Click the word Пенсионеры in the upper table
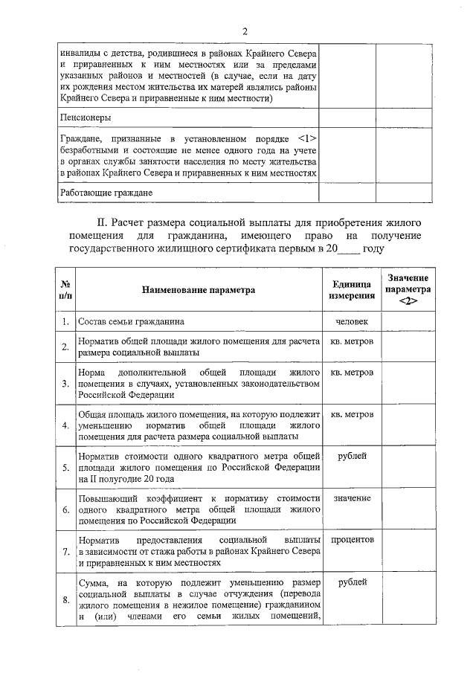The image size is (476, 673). coord(86,117)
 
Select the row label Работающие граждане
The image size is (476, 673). coord(106,193)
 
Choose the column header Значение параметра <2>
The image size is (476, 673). coord(408,289)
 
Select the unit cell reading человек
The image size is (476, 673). coord(351,321)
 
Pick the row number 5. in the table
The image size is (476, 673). coord(65,468)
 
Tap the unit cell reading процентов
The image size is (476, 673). coord(351,539)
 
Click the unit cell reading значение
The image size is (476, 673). coord(351,497)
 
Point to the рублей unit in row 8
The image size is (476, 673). coord(351,582)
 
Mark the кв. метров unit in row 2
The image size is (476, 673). coord(351,341)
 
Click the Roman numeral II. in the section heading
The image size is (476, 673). coord(104,222)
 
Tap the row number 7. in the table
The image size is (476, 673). coord(65,552)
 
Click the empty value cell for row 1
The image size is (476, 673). coord(408,321)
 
